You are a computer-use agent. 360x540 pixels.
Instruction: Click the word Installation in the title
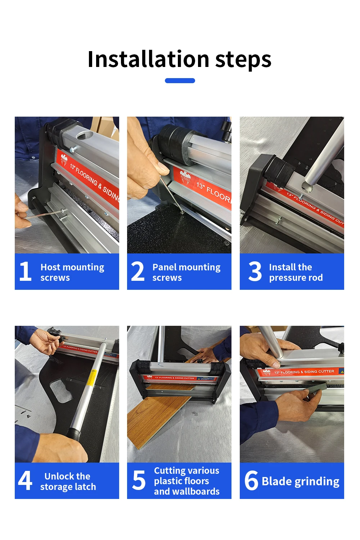(x=148, y=59)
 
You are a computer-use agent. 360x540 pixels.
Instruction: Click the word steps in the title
(x=243, y=60)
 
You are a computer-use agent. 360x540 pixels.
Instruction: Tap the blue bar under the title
(x=180, y=81)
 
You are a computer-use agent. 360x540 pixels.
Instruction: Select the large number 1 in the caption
(x=25, y=271)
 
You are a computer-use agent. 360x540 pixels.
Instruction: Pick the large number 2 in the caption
(x=138, y=271)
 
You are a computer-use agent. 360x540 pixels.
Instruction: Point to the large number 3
(x=255, y=271)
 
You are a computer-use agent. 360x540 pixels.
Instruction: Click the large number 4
(x=25, y=481)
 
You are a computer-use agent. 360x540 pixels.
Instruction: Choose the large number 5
(x=139, y=481)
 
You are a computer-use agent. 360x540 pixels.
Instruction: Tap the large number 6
(x=251, y=481)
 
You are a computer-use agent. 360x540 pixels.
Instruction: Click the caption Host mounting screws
(x=72, y=272)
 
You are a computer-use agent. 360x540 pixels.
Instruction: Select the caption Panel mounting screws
(x=186, y=272)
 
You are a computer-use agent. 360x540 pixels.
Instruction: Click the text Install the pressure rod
(x=296, y=272)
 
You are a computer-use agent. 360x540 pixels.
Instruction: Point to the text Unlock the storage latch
(x=68, y=481)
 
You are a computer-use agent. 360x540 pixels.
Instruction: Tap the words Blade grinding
(x=300, y=481)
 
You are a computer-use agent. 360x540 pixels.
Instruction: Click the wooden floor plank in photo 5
(x=155, y=421)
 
